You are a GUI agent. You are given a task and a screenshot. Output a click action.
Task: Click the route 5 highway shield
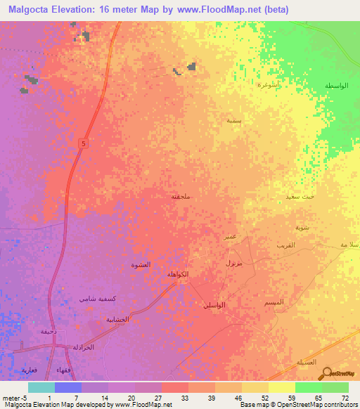84,143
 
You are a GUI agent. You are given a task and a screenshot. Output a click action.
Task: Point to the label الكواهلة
176,273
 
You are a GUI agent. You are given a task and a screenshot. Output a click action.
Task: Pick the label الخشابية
117,319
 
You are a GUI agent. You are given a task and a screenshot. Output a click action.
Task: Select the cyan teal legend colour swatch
41,387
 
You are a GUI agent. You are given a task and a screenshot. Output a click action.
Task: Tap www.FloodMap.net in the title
221,10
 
